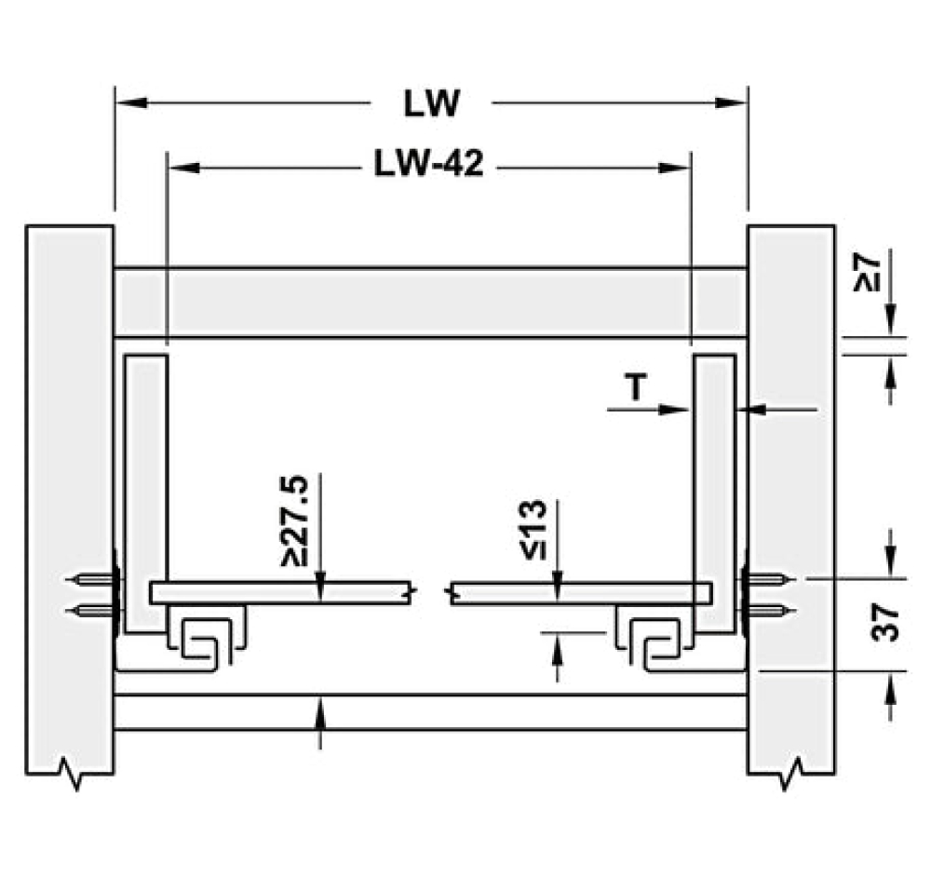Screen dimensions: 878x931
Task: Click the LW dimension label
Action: tap(432, 103)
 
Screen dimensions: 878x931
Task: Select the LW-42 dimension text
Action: tap(428, 166)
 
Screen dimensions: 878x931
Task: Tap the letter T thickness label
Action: tap(634, 389)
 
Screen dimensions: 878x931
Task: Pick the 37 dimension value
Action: tap(886, 622)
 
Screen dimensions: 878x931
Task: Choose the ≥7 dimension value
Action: tap(866, 272)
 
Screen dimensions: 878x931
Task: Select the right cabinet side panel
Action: tap(791, 466)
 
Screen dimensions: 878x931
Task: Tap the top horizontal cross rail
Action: tap(428, 304)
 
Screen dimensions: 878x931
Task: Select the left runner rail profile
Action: tap(207, 639)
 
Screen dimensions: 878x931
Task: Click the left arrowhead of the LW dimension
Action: tap(125, 101)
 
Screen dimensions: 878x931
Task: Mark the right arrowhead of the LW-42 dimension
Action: tap(677, 168)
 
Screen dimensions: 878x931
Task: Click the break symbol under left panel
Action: tap(73, 772)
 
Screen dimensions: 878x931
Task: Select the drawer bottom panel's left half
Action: tap(279, 593)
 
